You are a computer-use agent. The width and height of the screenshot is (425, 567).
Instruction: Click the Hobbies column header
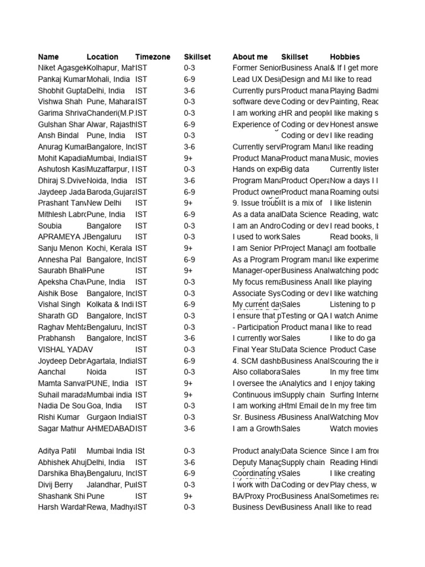pos(345,56)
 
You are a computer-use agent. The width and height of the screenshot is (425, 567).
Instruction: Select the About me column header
pos(250,56)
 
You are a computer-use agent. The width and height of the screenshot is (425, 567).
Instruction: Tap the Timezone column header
pos(153,56)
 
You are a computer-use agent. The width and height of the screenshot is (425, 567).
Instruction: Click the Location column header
pos(102,56)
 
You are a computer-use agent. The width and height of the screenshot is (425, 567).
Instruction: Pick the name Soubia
pos(50,226)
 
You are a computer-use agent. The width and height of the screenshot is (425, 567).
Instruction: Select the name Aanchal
pos(53,372)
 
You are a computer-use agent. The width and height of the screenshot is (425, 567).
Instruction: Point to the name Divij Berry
pos(55,484)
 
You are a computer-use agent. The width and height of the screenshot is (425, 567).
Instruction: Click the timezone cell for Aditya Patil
pos(141,451)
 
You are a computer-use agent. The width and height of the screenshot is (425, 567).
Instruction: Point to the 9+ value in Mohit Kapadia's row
pos(188,158)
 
